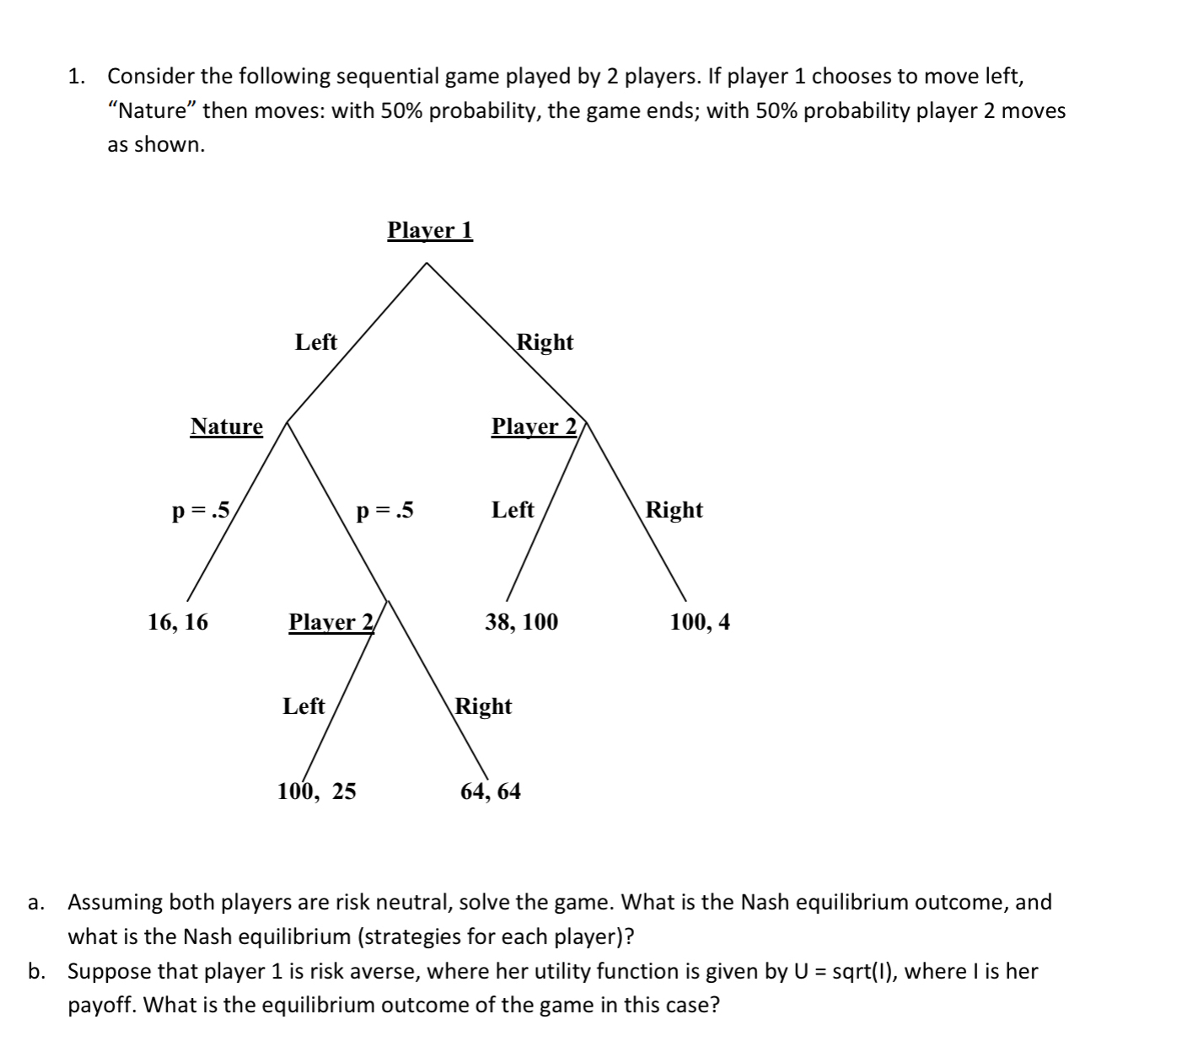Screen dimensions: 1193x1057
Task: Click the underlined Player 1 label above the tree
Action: coord(430,230)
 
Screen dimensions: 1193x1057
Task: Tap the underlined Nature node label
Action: coord(226,427)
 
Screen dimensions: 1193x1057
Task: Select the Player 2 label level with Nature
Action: coord(534,427)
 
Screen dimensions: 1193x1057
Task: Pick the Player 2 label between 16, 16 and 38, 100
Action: coord(330,622)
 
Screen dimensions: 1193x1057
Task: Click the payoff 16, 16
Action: coord(178,622)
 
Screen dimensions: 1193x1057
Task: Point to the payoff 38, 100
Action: coord(521,622)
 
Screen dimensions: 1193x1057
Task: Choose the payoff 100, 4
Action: coord(700,622)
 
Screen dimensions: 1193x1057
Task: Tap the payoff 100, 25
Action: coord(317,791)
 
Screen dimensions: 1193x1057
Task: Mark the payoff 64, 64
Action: coord(490,791)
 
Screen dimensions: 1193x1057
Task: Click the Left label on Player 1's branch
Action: coord(316,342)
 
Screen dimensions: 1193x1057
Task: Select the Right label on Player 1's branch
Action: coord(545,342)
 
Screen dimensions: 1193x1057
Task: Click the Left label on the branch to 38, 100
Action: coord(513,510)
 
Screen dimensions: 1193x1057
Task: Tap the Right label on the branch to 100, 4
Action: coord(674,510)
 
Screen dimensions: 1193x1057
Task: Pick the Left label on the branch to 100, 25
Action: coord(304,706)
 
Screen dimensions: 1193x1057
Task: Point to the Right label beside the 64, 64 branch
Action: coord(483,706)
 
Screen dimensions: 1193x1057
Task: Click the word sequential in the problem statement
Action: coord(387,77)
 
